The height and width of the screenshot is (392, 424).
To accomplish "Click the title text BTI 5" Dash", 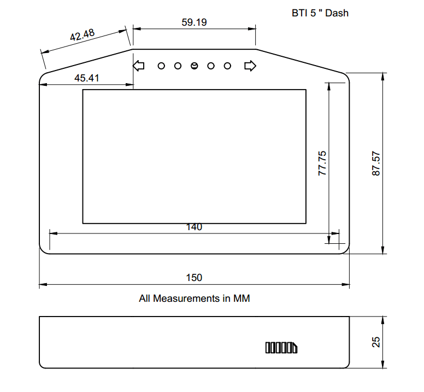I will point(320,13).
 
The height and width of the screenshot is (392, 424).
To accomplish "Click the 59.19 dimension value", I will point(194,22).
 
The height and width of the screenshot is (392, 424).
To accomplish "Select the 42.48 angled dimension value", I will point(83,36).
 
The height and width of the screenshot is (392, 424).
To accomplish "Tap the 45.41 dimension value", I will point(86,78).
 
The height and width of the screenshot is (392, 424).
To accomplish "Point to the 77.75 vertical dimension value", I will point(322,163).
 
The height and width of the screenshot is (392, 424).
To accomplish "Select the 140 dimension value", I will point(194,227).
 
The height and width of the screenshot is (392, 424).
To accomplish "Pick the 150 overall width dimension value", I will point(194,277).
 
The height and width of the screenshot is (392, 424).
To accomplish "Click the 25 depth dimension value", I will point(376,342).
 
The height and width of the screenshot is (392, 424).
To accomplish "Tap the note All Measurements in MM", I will point(194,299).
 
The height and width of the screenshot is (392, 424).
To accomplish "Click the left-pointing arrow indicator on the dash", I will point(139,66).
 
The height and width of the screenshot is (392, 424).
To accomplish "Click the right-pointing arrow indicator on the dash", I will point(250,66).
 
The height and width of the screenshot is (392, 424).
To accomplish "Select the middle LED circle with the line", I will point(194,66).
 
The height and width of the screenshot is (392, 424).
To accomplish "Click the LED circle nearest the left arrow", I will point(161,66).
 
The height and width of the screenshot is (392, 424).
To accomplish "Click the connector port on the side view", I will point(281,348).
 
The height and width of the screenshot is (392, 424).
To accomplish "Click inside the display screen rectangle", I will point(194,156).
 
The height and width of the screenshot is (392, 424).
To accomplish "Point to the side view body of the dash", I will point(164,342).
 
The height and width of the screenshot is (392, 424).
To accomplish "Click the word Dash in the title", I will point(337,13).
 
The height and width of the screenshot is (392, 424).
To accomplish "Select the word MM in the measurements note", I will point(242,299).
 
